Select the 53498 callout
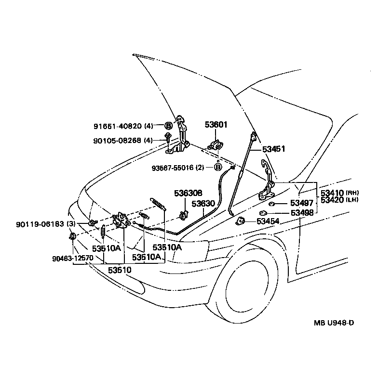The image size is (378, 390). point(302,212)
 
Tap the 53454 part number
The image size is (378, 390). point(268,221)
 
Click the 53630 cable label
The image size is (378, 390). point(203,204)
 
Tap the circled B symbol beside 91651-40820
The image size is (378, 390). point(169,126)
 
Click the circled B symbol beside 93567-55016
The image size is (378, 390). point(218,167)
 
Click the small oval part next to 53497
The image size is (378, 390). point(271,204)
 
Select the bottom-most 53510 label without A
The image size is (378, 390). point(119,270)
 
